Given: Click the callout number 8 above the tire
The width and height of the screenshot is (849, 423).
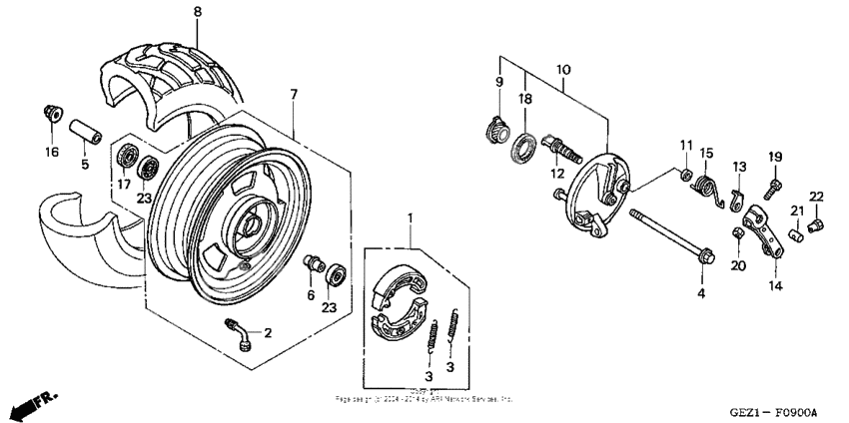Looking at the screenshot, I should click(x=197, y=11).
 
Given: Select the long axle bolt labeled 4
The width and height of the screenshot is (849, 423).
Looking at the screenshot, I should click(x=669, y=238).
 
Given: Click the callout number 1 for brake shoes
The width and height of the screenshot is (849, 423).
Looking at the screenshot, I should click(x=409, y=216).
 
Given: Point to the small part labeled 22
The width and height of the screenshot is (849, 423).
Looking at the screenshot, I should click(x=814, y=226).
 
